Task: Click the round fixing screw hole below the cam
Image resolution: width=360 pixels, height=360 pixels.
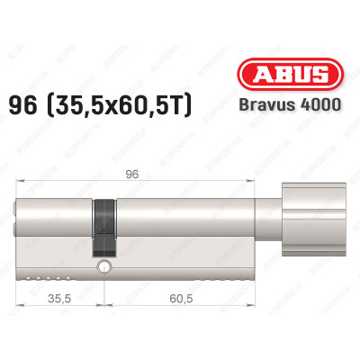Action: click(106, 267)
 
